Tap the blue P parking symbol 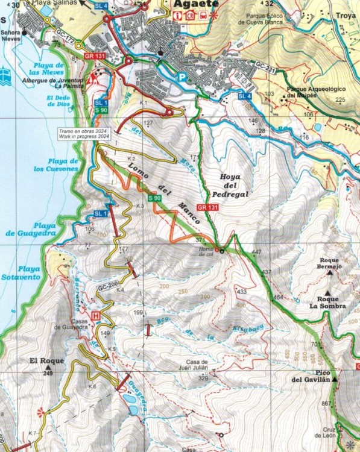click(x=182, y=77)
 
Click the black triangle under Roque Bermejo click(x=329, y=273)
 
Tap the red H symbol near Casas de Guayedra click(x=95, y=315)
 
